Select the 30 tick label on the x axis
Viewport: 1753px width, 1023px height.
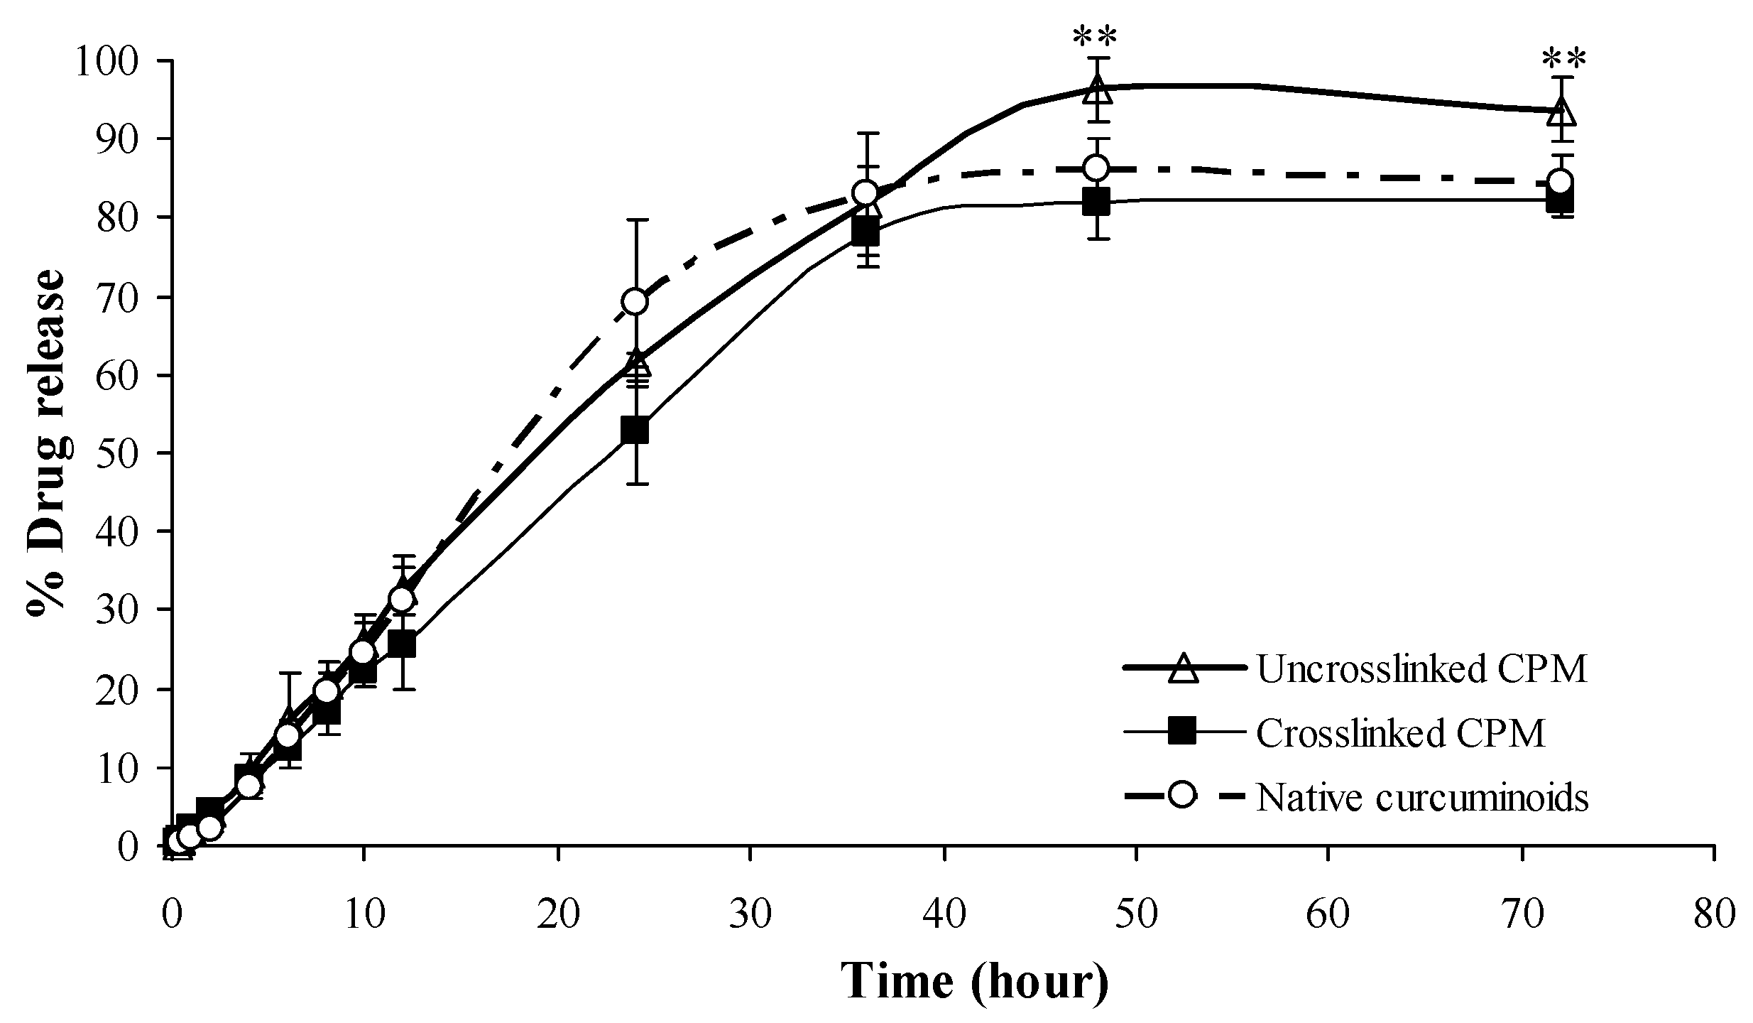click(750, 914)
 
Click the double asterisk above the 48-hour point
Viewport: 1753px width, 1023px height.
click(1097, 38)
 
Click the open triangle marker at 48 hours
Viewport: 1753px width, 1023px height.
click(1097, 90)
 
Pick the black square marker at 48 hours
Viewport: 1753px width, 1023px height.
click(1097, 202)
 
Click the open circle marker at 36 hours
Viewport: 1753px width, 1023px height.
click(865, 193)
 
